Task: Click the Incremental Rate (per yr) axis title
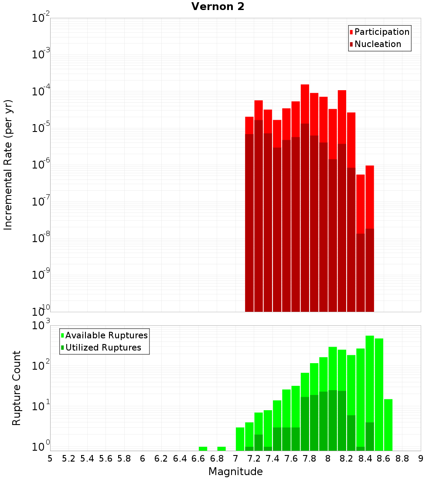8,165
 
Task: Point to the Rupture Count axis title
17,388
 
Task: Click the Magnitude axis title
235,472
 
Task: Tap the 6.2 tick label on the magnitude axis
161,458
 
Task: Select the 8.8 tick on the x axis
402,458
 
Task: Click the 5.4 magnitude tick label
87,458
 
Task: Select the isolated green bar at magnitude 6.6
203,449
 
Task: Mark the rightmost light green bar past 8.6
388,425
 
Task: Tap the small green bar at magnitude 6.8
221,449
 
